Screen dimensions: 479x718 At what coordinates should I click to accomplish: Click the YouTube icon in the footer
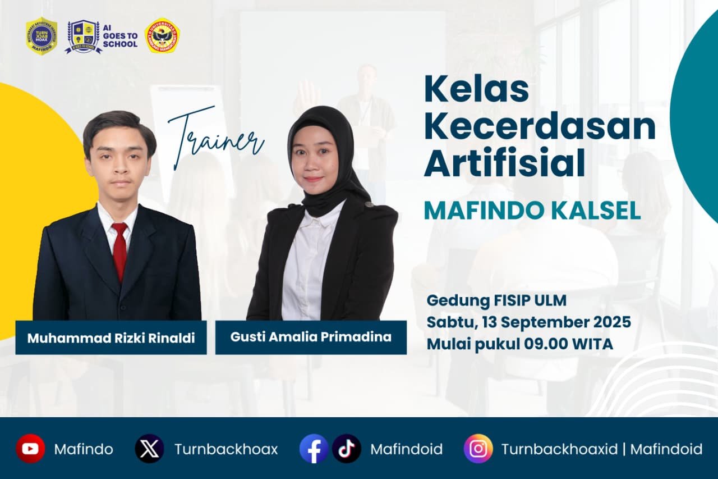pyautogui.click(x=30, y=449)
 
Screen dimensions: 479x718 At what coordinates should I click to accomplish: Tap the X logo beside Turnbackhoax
pyautogui.click(x=149, y=449)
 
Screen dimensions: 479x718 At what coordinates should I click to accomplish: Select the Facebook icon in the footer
pyautogui.click(x=314, y=449)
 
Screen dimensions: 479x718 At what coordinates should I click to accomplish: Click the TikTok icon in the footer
pyautogui.click(x=346, y=449)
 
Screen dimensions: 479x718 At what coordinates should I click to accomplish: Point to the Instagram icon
pyautogui.click(x=478, y=449)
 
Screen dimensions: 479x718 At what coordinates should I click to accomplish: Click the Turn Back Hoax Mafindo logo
pyautogui.click(x=42, y=36)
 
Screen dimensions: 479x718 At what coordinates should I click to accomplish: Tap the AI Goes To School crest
pyautogui.click(x=84, y=36)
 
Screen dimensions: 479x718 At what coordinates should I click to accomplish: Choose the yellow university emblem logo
pyautogui.click(x=162, y=36)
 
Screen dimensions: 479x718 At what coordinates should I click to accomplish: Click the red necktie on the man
pyautogui.click(x=119, y=250)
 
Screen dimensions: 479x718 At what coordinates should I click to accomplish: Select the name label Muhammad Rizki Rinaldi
pyautogui.click(x=111, y=338)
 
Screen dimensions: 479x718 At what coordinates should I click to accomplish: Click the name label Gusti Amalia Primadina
pyautogui.click(x=311, y=337)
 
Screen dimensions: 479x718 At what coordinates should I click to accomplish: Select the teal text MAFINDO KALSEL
pyautogui.click(x=532, y=211)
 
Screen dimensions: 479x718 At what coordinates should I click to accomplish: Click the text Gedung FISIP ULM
pyautogui.click(x=496, y=300)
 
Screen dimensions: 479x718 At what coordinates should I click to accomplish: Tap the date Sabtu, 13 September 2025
pyautogui.click(x=528, y=322)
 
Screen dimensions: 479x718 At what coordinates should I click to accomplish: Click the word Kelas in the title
pyautogui.click(x=476, y=89)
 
